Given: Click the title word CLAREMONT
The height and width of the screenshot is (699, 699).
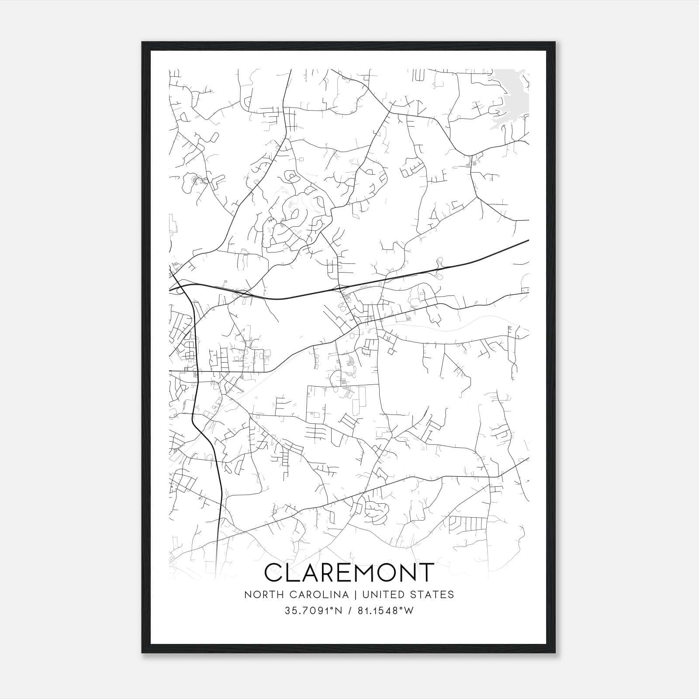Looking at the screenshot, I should pos(349,572).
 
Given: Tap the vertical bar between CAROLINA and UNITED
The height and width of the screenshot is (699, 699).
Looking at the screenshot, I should pos(353,595).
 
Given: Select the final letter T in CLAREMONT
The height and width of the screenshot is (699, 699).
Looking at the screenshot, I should pos(426,572).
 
